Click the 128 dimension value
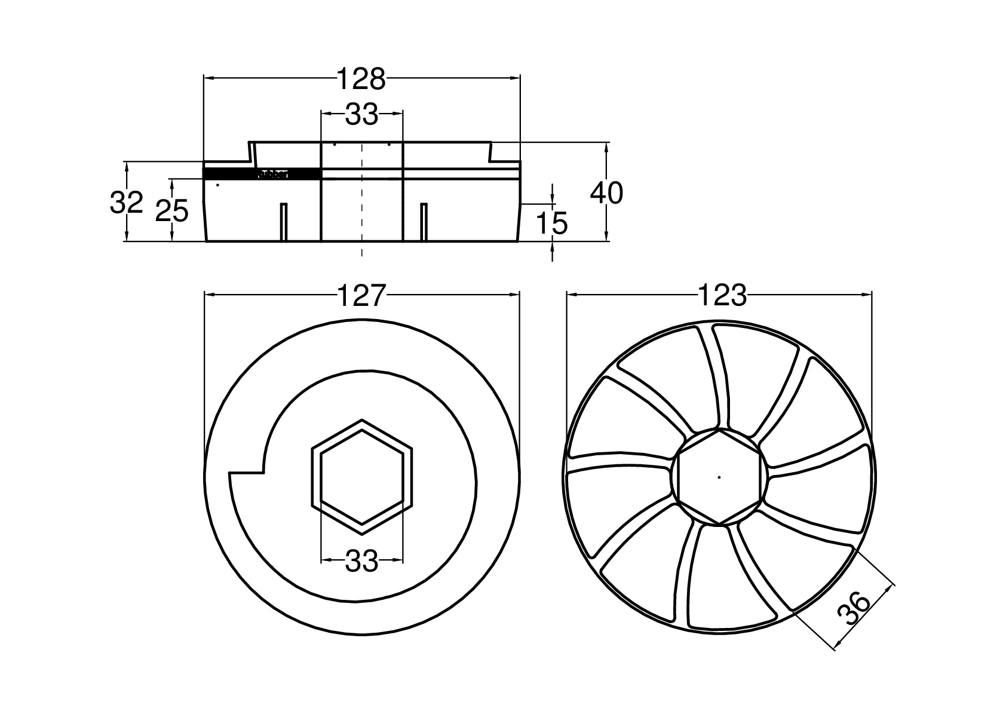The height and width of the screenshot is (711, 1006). point(361,79)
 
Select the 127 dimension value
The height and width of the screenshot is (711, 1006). point(361,295)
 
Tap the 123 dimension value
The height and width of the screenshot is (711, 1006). point(721,295)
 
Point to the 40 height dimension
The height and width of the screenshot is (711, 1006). point(606,193)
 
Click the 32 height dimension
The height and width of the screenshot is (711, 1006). point(127,203)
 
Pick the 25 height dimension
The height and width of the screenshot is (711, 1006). point(171,211)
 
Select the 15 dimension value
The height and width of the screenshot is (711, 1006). point(551,223)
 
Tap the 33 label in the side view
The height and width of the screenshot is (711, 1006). point(361,115)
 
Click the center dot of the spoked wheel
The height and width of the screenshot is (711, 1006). point(719,477)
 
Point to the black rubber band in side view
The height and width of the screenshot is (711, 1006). point(263,174)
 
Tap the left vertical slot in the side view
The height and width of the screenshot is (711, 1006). point(284,222)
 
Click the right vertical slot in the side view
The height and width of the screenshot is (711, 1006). point(424,222)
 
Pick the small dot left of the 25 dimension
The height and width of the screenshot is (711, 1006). point(218,185)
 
